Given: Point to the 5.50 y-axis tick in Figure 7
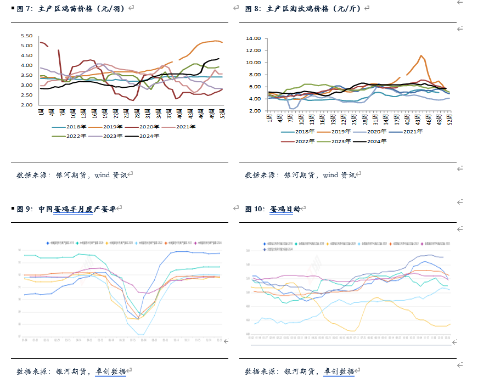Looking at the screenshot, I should (x=26, y=36).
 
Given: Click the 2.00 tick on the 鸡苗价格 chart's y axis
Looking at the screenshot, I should (x=26, y=105).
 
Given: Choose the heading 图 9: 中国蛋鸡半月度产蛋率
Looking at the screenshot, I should (x=66, y=209).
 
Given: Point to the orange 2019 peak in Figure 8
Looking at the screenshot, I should (x=420, y=55).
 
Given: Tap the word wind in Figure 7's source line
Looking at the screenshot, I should (x=102, y=175).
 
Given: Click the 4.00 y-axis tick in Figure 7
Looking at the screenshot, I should (x=26, y=65).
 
